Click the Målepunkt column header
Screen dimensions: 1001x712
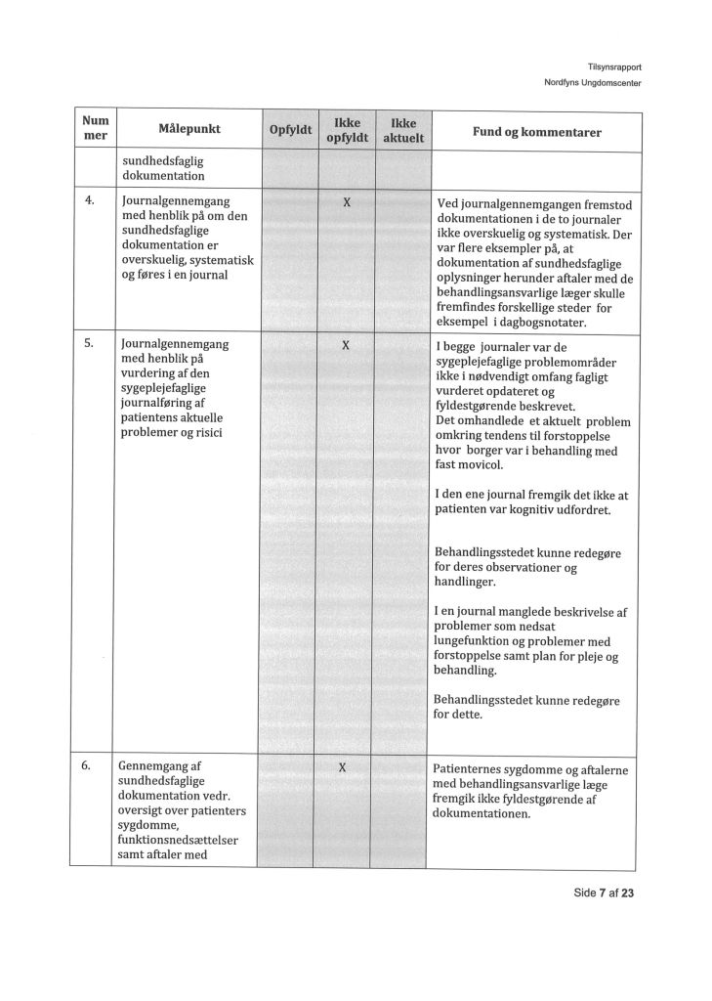point(189,130)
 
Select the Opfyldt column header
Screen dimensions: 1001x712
point(289,131)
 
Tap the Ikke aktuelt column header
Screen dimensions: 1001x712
point(403,131)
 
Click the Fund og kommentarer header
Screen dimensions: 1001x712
point(536,131)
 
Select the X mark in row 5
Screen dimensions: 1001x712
point(346,346)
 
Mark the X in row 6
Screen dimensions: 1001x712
point(342,768)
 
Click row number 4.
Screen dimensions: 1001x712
point(90,200)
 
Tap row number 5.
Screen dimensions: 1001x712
point(89,344)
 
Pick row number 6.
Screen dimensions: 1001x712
point(89,766)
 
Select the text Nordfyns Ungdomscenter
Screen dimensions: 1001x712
point(592,82)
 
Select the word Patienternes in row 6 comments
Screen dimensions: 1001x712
point(473,770)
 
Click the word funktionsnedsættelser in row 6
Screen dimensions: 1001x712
point(180,840)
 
